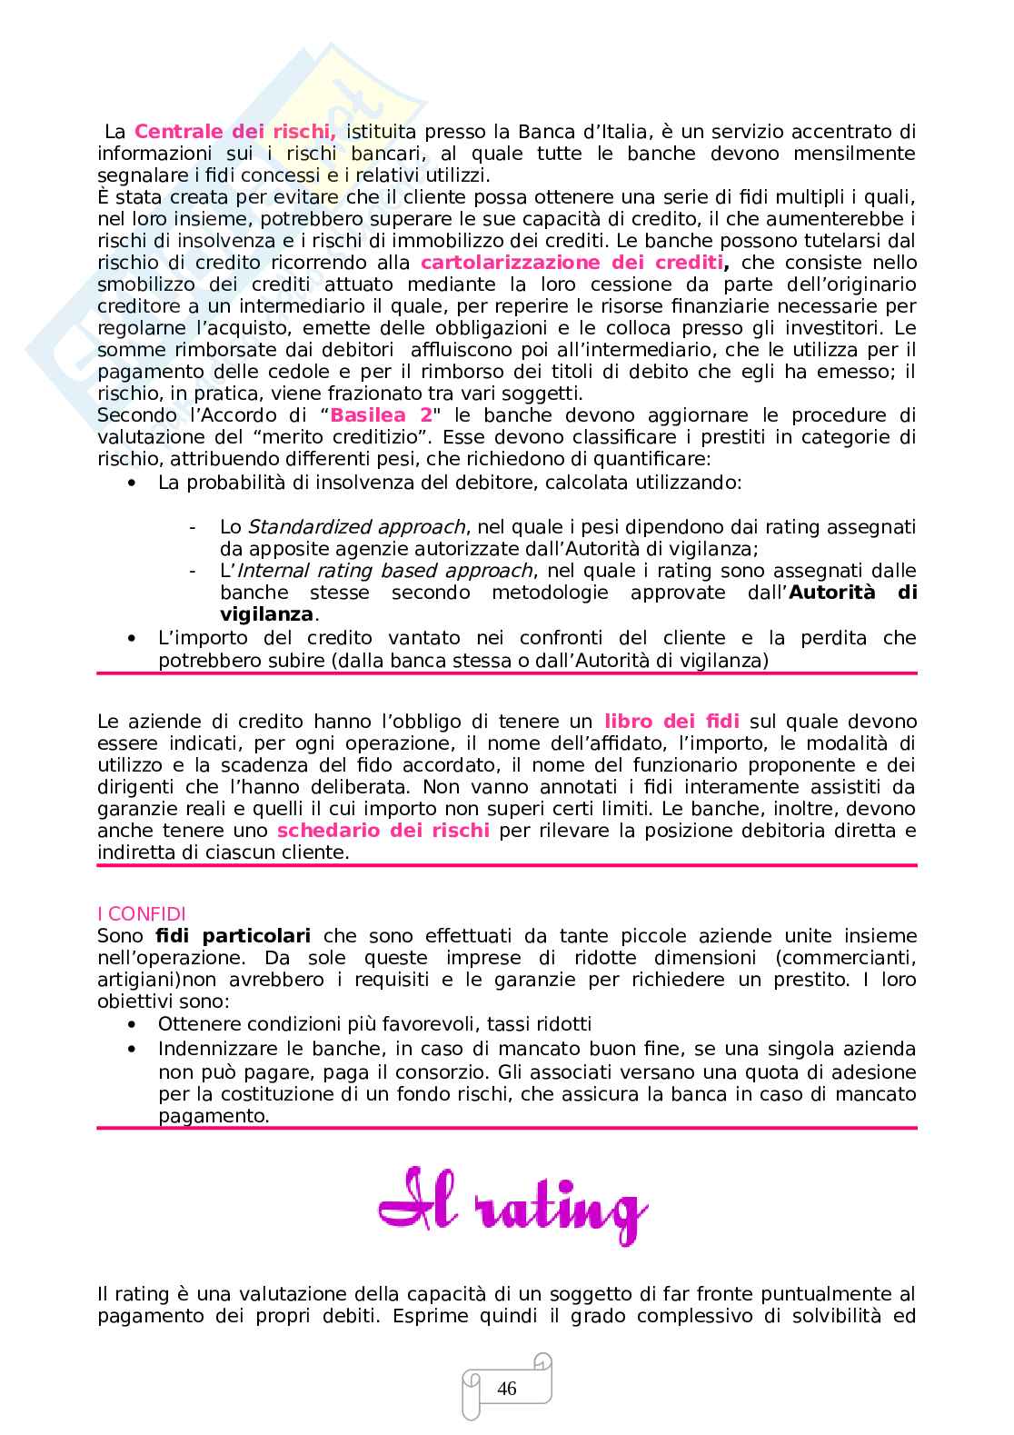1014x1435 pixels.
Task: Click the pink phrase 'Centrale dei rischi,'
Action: [x=235, y=132]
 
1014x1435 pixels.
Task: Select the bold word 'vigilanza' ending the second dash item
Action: [x=266, y=614]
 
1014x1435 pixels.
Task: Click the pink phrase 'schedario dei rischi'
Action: [x=383, y=831]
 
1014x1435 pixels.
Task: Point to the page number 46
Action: [x=507, y=1389]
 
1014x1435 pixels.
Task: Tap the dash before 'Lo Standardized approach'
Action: [x=193, y=527]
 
